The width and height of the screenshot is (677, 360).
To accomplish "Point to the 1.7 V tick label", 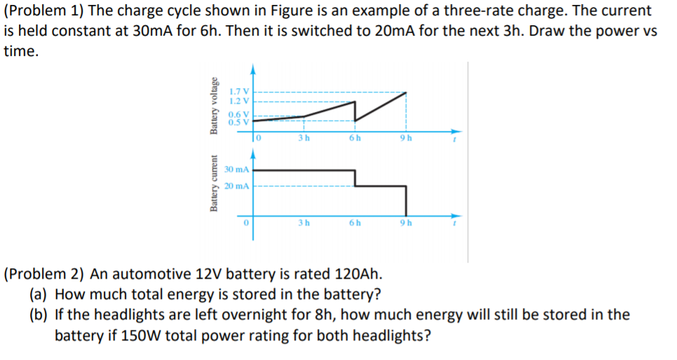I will (240, 92).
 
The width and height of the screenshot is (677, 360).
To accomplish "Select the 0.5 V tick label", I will (240, 122).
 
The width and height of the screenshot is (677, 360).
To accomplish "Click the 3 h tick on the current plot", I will (303, 223).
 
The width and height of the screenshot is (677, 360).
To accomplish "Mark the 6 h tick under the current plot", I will (355, 223).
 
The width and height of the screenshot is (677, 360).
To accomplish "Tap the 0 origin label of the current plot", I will (246, 223).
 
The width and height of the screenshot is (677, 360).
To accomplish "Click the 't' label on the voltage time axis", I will (455, 139).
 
